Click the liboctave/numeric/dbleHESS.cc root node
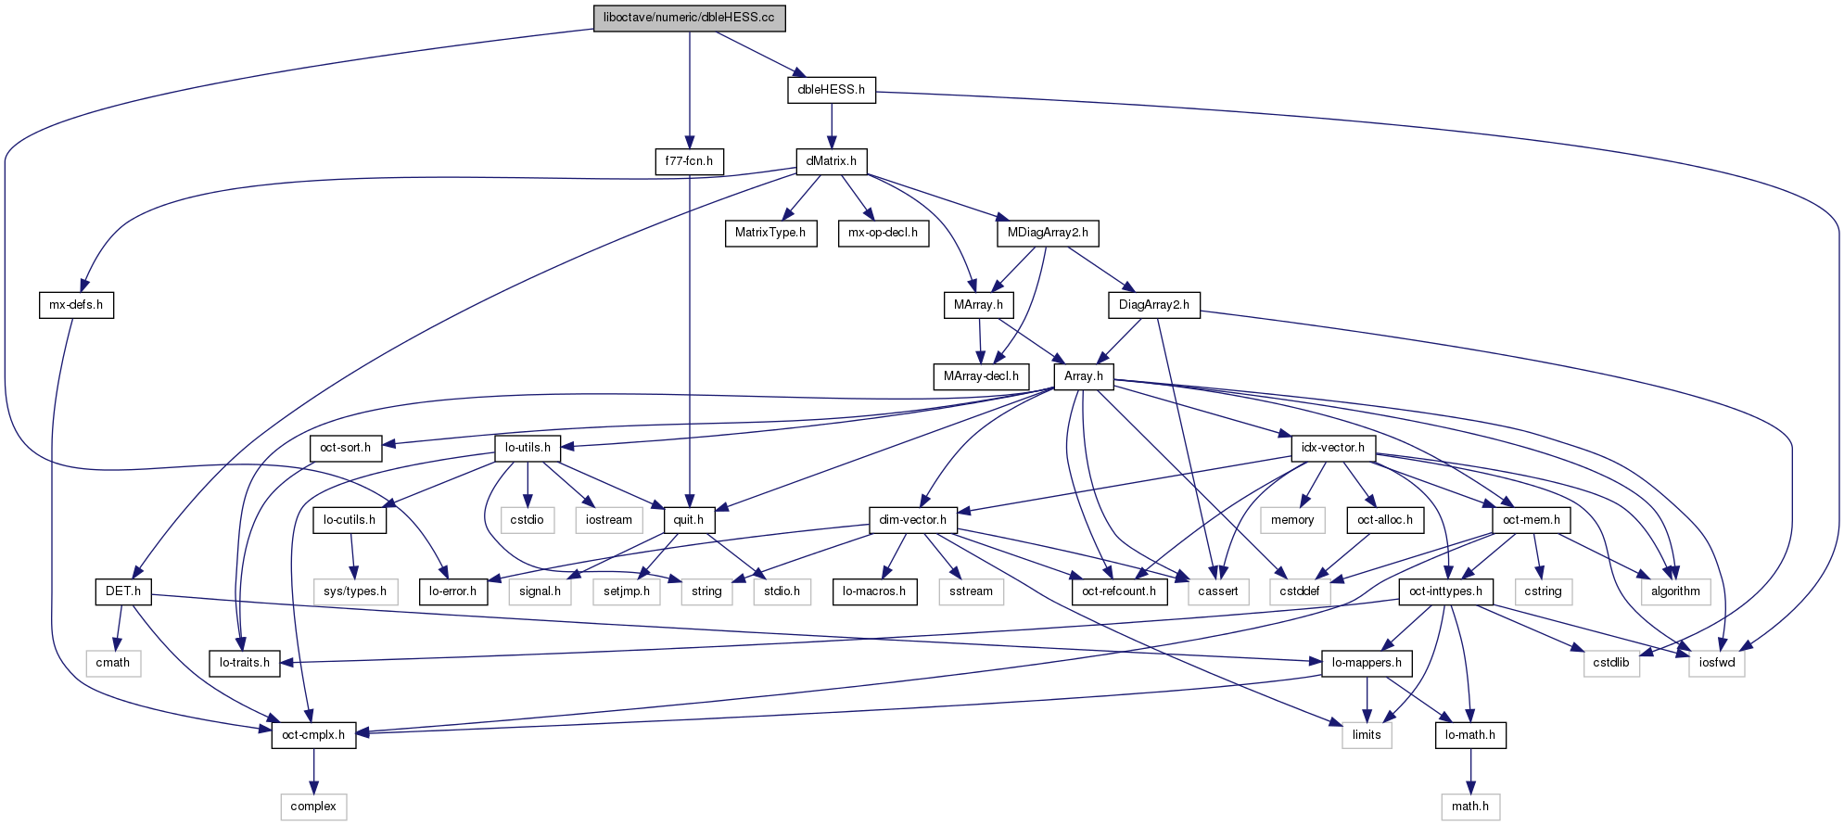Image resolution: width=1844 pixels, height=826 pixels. tap(689, 18)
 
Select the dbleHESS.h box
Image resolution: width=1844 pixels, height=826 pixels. tap(831, 90)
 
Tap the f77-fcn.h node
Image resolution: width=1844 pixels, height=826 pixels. tap(689, 161)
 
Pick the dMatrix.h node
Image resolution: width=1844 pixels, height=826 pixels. tap(831, 161)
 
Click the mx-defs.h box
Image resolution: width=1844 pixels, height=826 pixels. tap(76, 305)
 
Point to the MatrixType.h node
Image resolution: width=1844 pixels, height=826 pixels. tap(770, 233)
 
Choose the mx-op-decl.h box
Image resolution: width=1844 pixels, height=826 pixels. tap(883, 233)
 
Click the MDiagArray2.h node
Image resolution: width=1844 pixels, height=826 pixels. tap(1048, 233)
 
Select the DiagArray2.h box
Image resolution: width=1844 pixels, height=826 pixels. tap(1153, 305)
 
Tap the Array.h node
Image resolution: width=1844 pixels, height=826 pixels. tap(1083, 376)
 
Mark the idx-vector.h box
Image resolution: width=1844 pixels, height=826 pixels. tap(1332, 448)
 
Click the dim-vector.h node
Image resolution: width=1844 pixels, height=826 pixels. tap(913, 520)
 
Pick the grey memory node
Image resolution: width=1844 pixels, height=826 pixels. tap(1292, 520)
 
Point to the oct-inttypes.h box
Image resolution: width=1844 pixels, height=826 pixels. tap(1445, 591)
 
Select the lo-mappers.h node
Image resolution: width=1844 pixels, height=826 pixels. tap(1367, 663)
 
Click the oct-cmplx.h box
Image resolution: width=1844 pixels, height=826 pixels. tap(313, 735)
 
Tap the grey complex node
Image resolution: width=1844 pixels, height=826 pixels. tap(313, 807)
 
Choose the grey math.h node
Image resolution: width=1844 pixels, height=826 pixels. tap(1470, 807)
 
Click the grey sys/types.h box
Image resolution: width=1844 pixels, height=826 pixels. tap(355, 591)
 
